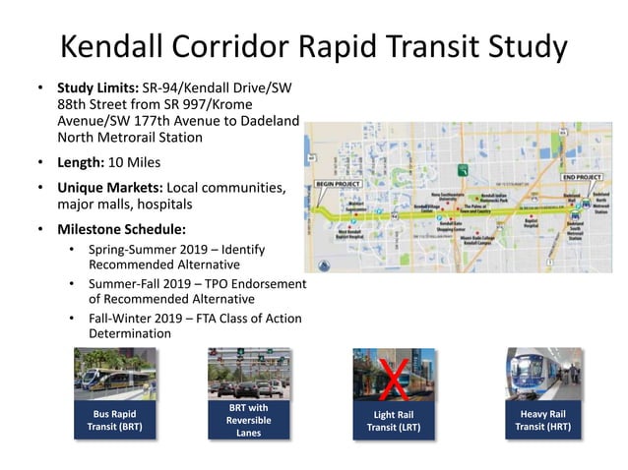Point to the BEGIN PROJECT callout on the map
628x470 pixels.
(x=339, y=184)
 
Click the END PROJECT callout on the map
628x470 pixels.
(x=581, y=177)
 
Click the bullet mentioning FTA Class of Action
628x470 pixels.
(x=194, y=325)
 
